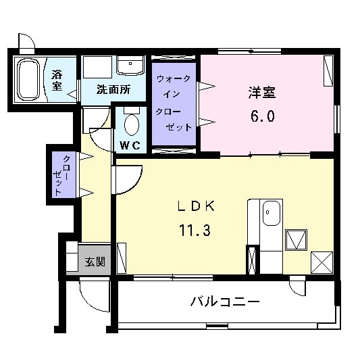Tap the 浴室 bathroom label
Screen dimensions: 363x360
[57, 80]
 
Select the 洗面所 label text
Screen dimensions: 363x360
[113, 89]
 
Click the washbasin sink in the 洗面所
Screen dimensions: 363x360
[130, 66]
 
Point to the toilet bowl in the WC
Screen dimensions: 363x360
[131, 125]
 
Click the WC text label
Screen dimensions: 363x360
[130, 145]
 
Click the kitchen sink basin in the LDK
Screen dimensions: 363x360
[272, 216]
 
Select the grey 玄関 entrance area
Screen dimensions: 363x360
[88, 261]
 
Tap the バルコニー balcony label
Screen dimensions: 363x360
[224, 301]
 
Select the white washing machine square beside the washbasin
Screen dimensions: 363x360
[98, 68]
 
